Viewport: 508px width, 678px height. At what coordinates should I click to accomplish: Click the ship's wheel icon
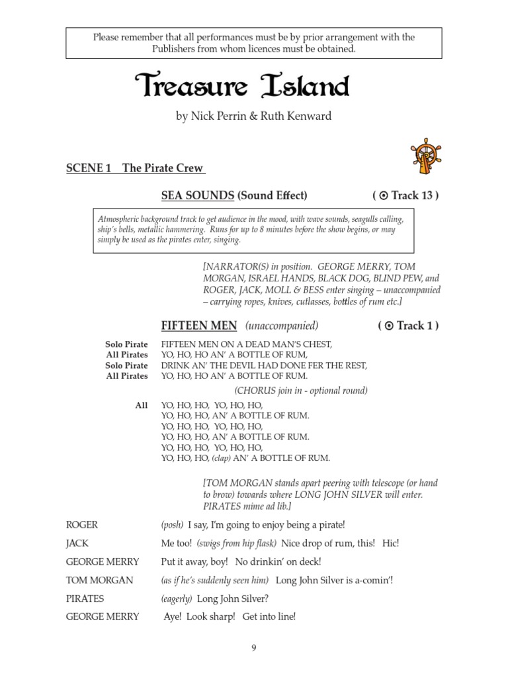(x=425, y=156)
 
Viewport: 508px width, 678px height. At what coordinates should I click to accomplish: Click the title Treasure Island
(x=241, y=86)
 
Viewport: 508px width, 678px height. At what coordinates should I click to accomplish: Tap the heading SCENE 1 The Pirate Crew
(x=136, y=168)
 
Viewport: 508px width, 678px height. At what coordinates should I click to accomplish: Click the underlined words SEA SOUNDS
(x=198, y=195)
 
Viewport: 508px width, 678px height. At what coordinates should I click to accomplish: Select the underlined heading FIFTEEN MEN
(x=200, y=325)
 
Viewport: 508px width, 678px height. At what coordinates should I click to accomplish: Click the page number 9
(x=253, y=648)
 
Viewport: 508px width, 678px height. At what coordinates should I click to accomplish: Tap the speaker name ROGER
(x=82, y=524)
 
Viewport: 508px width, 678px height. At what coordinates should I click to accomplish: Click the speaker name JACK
(x=77, y=543)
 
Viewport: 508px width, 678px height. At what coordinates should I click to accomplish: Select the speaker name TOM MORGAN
(x=99, y=580)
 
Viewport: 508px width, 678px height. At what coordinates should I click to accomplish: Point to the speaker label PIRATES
(x=85, y=599)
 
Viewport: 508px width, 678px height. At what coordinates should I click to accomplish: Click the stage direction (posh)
(x=172, y=524)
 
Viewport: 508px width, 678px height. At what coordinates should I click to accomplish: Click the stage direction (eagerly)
(x=177, y=599)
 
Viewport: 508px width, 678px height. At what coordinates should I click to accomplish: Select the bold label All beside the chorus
(x=141, y=405)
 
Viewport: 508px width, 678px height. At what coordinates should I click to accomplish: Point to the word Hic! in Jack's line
(x=390, y=543)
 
